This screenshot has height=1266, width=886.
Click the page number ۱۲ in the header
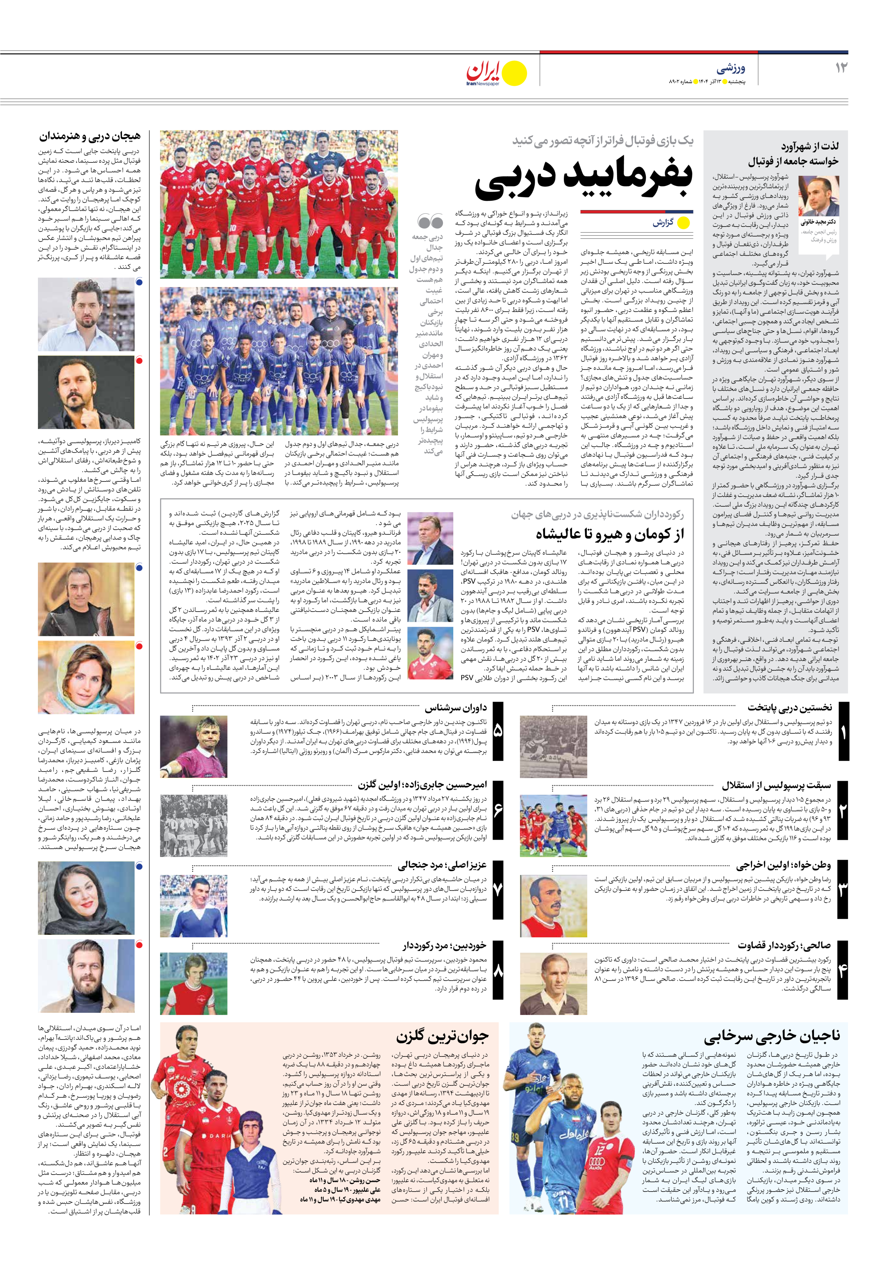841,68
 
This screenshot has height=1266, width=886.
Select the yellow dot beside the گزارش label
683,223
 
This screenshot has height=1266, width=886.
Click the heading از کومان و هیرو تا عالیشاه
609,534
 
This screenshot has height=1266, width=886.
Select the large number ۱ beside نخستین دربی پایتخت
842,732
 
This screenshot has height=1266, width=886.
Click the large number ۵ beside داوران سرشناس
497,731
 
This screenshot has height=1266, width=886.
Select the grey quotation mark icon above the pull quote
430,222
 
